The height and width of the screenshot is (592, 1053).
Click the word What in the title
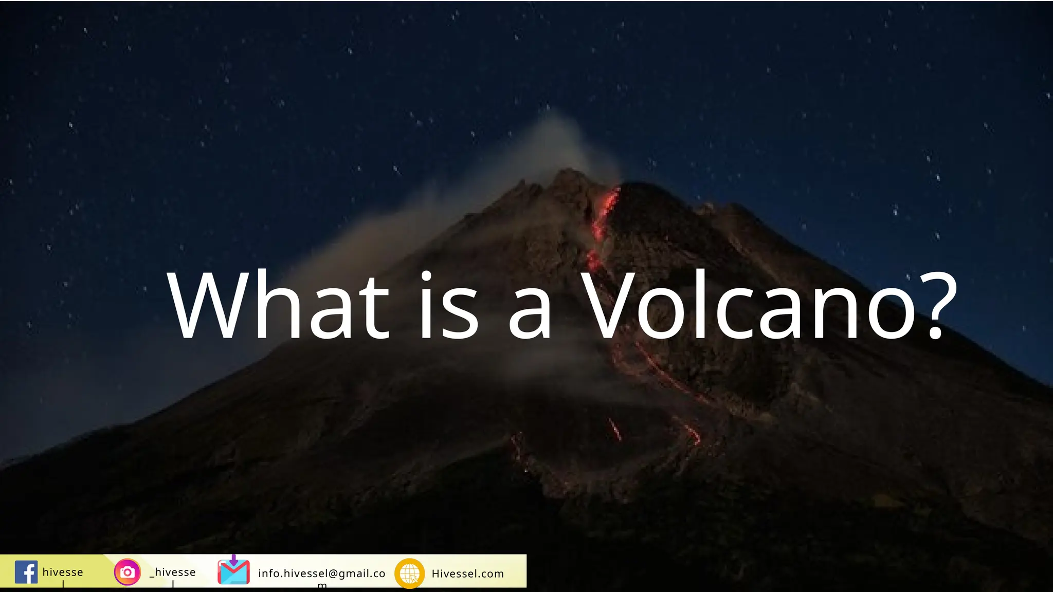pos(278,307)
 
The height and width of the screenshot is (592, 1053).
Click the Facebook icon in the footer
pos(26,572)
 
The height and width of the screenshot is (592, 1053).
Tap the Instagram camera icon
pos(127,572)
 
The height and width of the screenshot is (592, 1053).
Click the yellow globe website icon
pos(409,573)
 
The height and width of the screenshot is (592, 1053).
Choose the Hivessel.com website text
pos(467,573)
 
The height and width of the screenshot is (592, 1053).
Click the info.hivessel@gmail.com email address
pos(321,573)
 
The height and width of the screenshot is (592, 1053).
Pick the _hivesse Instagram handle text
pos(173,572)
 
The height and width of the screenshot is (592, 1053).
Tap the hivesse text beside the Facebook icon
pos(63,572)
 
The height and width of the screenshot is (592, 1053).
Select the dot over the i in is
pos(426,275)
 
